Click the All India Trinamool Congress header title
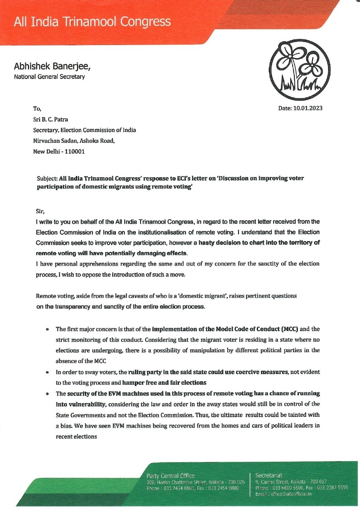click(x=92, y=21)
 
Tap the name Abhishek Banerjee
click(x=55, y=67)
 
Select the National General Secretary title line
click(x=49, y=76)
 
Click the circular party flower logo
click(x=300, y=71)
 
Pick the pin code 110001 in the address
click(x=74, y=151)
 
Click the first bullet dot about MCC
click(x=47, y=330)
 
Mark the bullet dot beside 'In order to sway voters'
click(x=47, y=372)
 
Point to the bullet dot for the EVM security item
click(x=47, y=394)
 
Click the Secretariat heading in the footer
click(x=269, y=475)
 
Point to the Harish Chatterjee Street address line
click(x=196, y=482)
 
